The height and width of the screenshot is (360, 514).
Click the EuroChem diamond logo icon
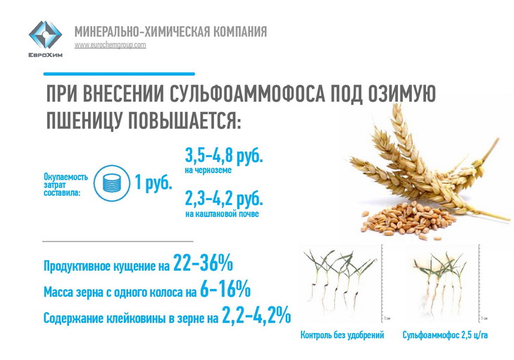[45, 35]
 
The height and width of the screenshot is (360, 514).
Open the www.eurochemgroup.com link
[110, 45]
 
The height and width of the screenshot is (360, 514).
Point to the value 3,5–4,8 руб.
[224, 156]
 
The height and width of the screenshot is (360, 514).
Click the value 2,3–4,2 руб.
[224, 199]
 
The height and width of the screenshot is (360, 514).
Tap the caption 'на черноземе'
[208, 170]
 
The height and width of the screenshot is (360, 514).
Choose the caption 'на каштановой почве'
[222, 213]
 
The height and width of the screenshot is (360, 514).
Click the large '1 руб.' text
[153, 182]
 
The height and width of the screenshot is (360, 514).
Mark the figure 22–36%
[203, 263]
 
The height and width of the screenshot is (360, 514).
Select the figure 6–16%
[225, 289]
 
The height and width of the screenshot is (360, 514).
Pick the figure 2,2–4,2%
[256, 315]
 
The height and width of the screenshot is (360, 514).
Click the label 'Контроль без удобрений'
[342, 335]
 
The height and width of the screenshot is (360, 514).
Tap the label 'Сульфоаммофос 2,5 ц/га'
[445, 335]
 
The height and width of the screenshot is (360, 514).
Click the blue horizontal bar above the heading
[119, 74]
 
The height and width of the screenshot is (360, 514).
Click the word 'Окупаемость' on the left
[66, 177]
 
